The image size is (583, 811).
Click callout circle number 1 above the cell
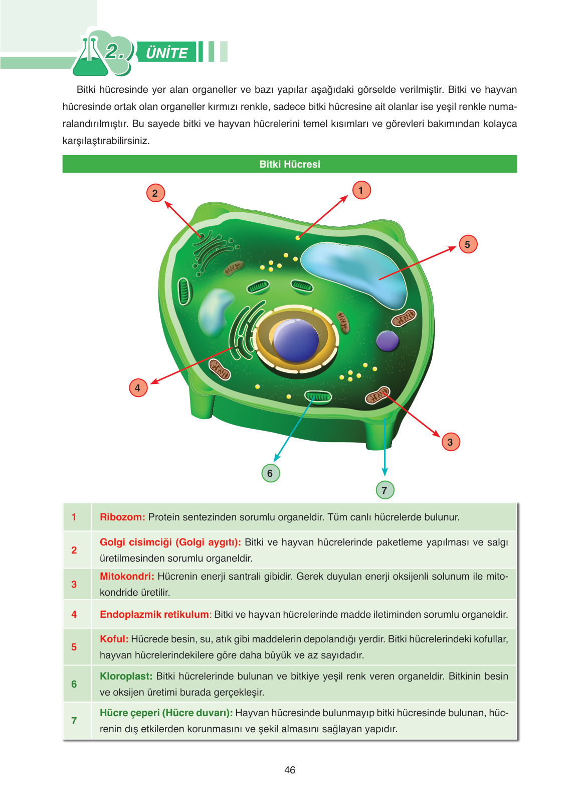point(361,190)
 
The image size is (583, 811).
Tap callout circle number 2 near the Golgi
point(155,193)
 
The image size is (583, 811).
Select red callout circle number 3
point(450,442)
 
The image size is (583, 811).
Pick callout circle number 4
point(138,388)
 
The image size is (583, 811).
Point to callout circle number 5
point(468,244)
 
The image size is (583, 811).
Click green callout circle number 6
point(270,473)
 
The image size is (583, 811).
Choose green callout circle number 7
point(384,490)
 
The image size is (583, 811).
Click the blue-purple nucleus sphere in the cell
point(296,340)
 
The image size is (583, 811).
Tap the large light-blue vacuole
point(356,271)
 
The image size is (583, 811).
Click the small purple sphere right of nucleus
point(387,341)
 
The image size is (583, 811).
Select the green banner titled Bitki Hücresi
point(290,164)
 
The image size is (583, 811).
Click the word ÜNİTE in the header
point(166,53)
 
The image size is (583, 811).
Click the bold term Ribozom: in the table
point(122,517)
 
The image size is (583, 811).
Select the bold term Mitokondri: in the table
point(127,576)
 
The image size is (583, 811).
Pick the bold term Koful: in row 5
point(114,639)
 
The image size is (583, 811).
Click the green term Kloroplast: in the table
point(126,676)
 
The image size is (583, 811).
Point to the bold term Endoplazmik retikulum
point(154,614)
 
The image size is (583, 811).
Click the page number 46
point(290,770)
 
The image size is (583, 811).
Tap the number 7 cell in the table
point(74,721)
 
